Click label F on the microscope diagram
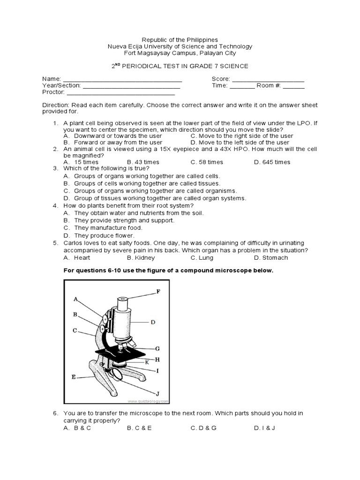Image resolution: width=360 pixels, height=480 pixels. click(158, 292)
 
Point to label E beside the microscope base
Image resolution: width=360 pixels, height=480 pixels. click(74, 376)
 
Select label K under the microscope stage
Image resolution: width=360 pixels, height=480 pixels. click(147, 362)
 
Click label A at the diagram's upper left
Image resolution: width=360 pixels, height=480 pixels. click(75, 299)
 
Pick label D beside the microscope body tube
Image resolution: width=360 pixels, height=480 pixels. click(153, 322)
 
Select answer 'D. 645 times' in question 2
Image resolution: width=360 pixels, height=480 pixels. click(272, 162)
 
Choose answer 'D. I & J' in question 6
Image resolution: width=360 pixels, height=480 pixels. click(264, 428)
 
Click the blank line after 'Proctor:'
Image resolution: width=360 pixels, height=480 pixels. click(116, 93)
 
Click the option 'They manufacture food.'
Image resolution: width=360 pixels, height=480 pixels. click(108, 227)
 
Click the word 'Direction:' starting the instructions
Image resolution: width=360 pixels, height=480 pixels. click(56, 105)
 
